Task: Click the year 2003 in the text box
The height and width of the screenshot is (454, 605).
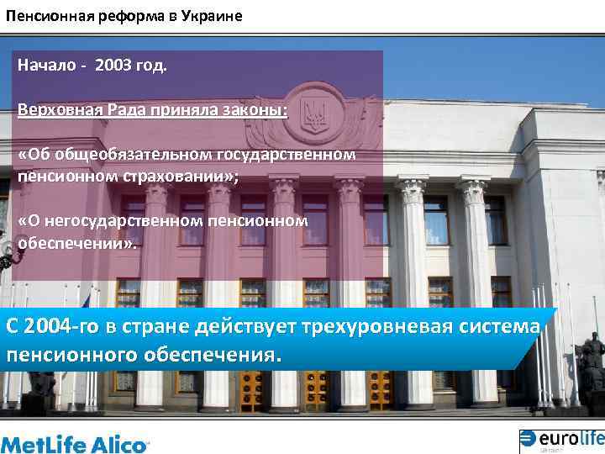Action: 113,66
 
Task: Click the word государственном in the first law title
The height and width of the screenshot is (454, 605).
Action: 286,156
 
